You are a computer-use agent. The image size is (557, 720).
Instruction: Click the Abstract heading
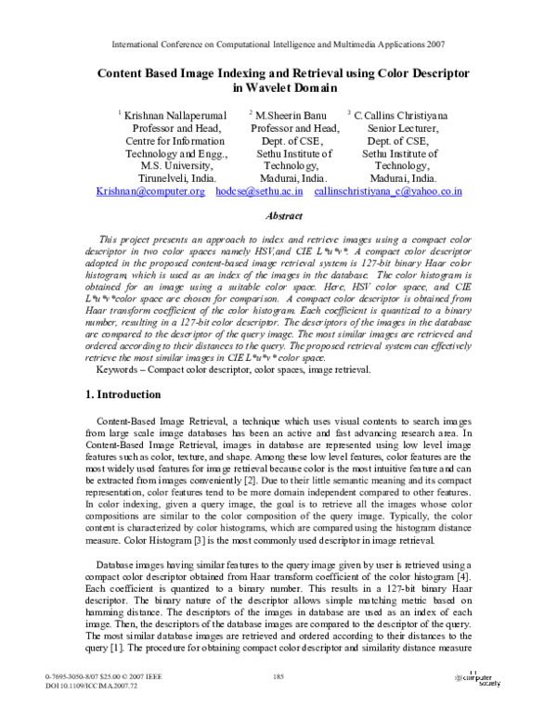[278, 215]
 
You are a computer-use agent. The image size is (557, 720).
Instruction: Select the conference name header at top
[278, 44]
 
